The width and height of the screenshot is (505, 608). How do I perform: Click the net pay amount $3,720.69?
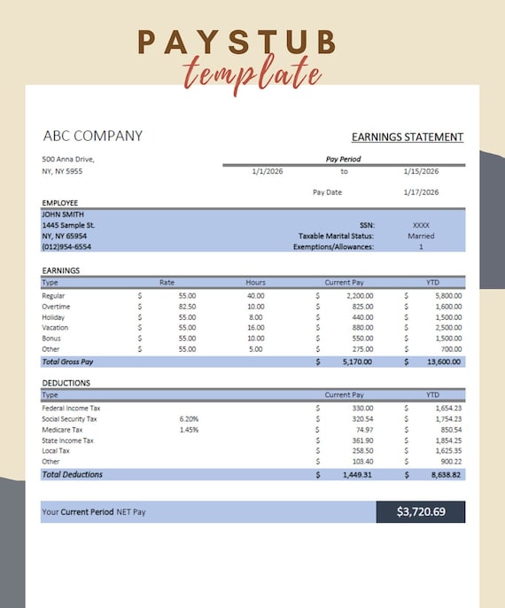pos(421,511)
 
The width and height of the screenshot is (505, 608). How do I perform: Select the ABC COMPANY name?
pos(92,136)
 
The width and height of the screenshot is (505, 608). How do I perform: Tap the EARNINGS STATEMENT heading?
pos(407,136)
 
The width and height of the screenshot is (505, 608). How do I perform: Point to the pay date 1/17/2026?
pos(421,191)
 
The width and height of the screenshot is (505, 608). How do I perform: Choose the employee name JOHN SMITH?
pos(63,214)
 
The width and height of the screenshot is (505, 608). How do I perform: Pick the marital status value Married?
pos(421,236)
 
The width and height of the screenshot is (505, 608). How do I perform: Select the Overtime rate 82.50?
pos(187,306)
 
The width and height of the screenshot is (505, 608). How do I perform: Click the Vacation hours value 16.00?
pos(255,327)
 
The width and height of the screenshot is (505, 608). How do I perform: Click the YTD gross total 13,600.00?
pos(443,362)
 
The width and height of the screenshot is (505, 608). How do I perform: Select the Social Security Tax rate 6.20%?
pos(189,418)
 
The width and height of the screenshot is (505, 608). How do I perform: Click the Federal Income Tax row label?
pos(71,408)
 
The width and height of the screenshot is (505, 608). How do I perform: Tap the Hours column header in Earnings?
pos(255,283)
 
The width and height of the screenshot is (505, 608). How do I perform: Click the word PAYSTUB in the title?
pos(237,42)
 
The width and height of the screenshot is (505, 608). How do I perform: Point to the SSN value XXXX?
pos(421,225)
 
